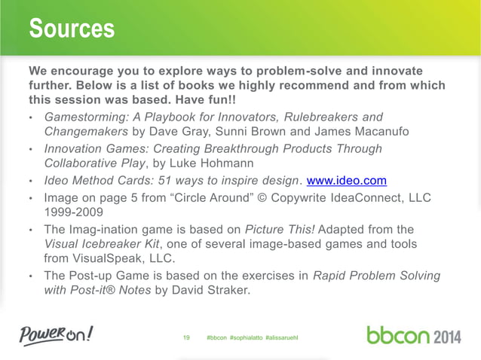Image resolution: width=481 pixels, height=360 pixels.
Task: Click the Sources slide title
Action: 72,29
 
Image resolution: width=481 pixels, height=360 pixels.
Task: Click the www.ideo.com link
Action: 346,181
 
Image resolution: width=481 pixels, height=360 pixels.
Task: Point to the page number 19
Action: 187,334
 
